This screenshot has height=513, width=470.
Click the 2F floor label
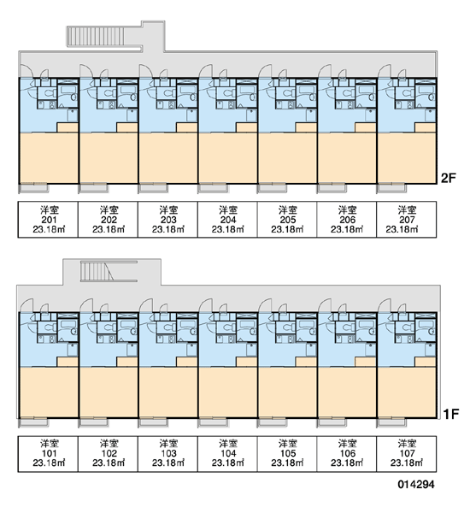pos(449,178)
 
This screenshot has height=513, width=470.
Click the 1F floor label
pos(451,414)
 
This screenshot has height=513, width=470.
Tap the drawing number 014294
pos(416,484)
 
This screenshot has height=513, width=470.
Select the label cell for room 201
pos(48,219)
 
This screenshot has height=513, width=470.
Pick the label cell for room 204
pos(227,219)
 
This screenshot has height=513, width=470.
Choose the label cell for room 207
pos(406,219)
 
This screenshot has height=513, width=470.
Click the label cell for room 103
pos(167,453)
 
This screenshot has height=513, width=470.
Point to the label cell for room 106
pos(347,453)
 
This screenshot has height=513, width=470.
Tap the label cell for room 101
pos(48,453)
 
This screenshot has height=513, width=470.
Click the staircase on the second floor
pos(97,36)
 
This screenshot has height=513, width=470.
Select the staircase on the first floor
pos(97,271)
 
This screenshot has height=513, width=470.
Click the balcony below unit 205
pos(272,188)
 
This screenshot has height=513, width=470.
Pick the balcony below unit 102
pos(93,422)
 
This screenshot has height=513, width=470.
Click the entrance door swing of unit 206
pos(324,71)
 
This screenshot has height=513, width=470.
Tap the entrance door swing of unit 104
pos(205,305)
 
